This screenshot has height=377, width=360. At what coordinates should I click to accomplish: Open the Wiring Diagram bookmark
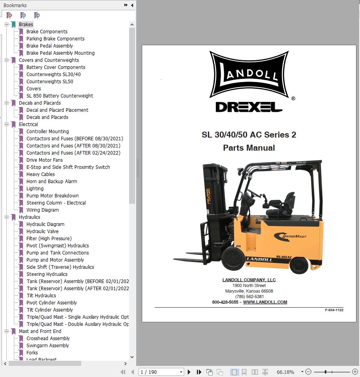[x=42, y=210]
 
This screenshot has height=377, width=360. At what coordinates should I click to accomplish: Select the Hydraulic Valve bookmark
[x=42, y=231]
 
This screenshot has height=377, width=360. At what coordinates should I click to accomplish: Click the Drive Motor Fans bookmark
[x=44, y=160]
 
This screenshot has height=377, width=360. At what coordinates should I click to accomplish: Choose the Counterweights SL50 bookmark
[x=50, y=82]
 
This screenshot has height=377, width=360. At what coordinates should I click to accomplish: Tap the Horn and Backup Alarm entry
[x=51, y=181]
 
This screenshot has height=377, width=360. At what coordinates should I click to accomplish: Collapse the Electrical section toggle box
[x=7, y=124]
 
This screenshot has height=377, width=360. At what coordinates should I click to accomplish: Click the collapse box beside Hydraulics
[x=7, y=217]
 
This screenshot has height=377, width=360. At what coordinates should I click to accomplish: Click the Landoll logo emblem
[x=249, y=74]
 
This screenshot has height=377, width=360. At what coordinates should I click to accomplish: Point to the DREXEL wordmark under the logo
[x=249, y=107]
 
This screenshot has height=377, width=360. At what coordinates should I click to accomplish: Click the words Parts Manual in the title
[x=249, y=147]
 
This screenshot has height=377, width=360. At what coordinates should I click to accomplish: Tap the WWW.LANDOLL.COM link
[x=265, y=302]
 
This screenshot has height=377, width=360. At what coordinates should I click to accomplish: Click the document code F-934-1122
[x=334, y=310]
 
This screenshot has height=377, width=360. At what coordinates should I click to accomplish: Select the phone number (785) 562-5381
[x=249, y=297]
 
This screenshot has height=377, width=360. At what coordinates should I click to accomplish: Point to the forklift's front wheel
[x=232, y=258]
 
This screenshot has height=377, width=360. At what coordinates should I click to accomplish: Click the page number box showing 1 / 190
[x=161, y=372]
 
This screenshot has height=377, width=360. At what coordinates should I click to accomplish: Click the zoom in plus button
[x=355, y=372]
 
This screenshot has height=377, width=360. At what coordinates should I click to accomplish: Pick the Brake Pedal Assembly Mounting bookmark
[x=60, y=53]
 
